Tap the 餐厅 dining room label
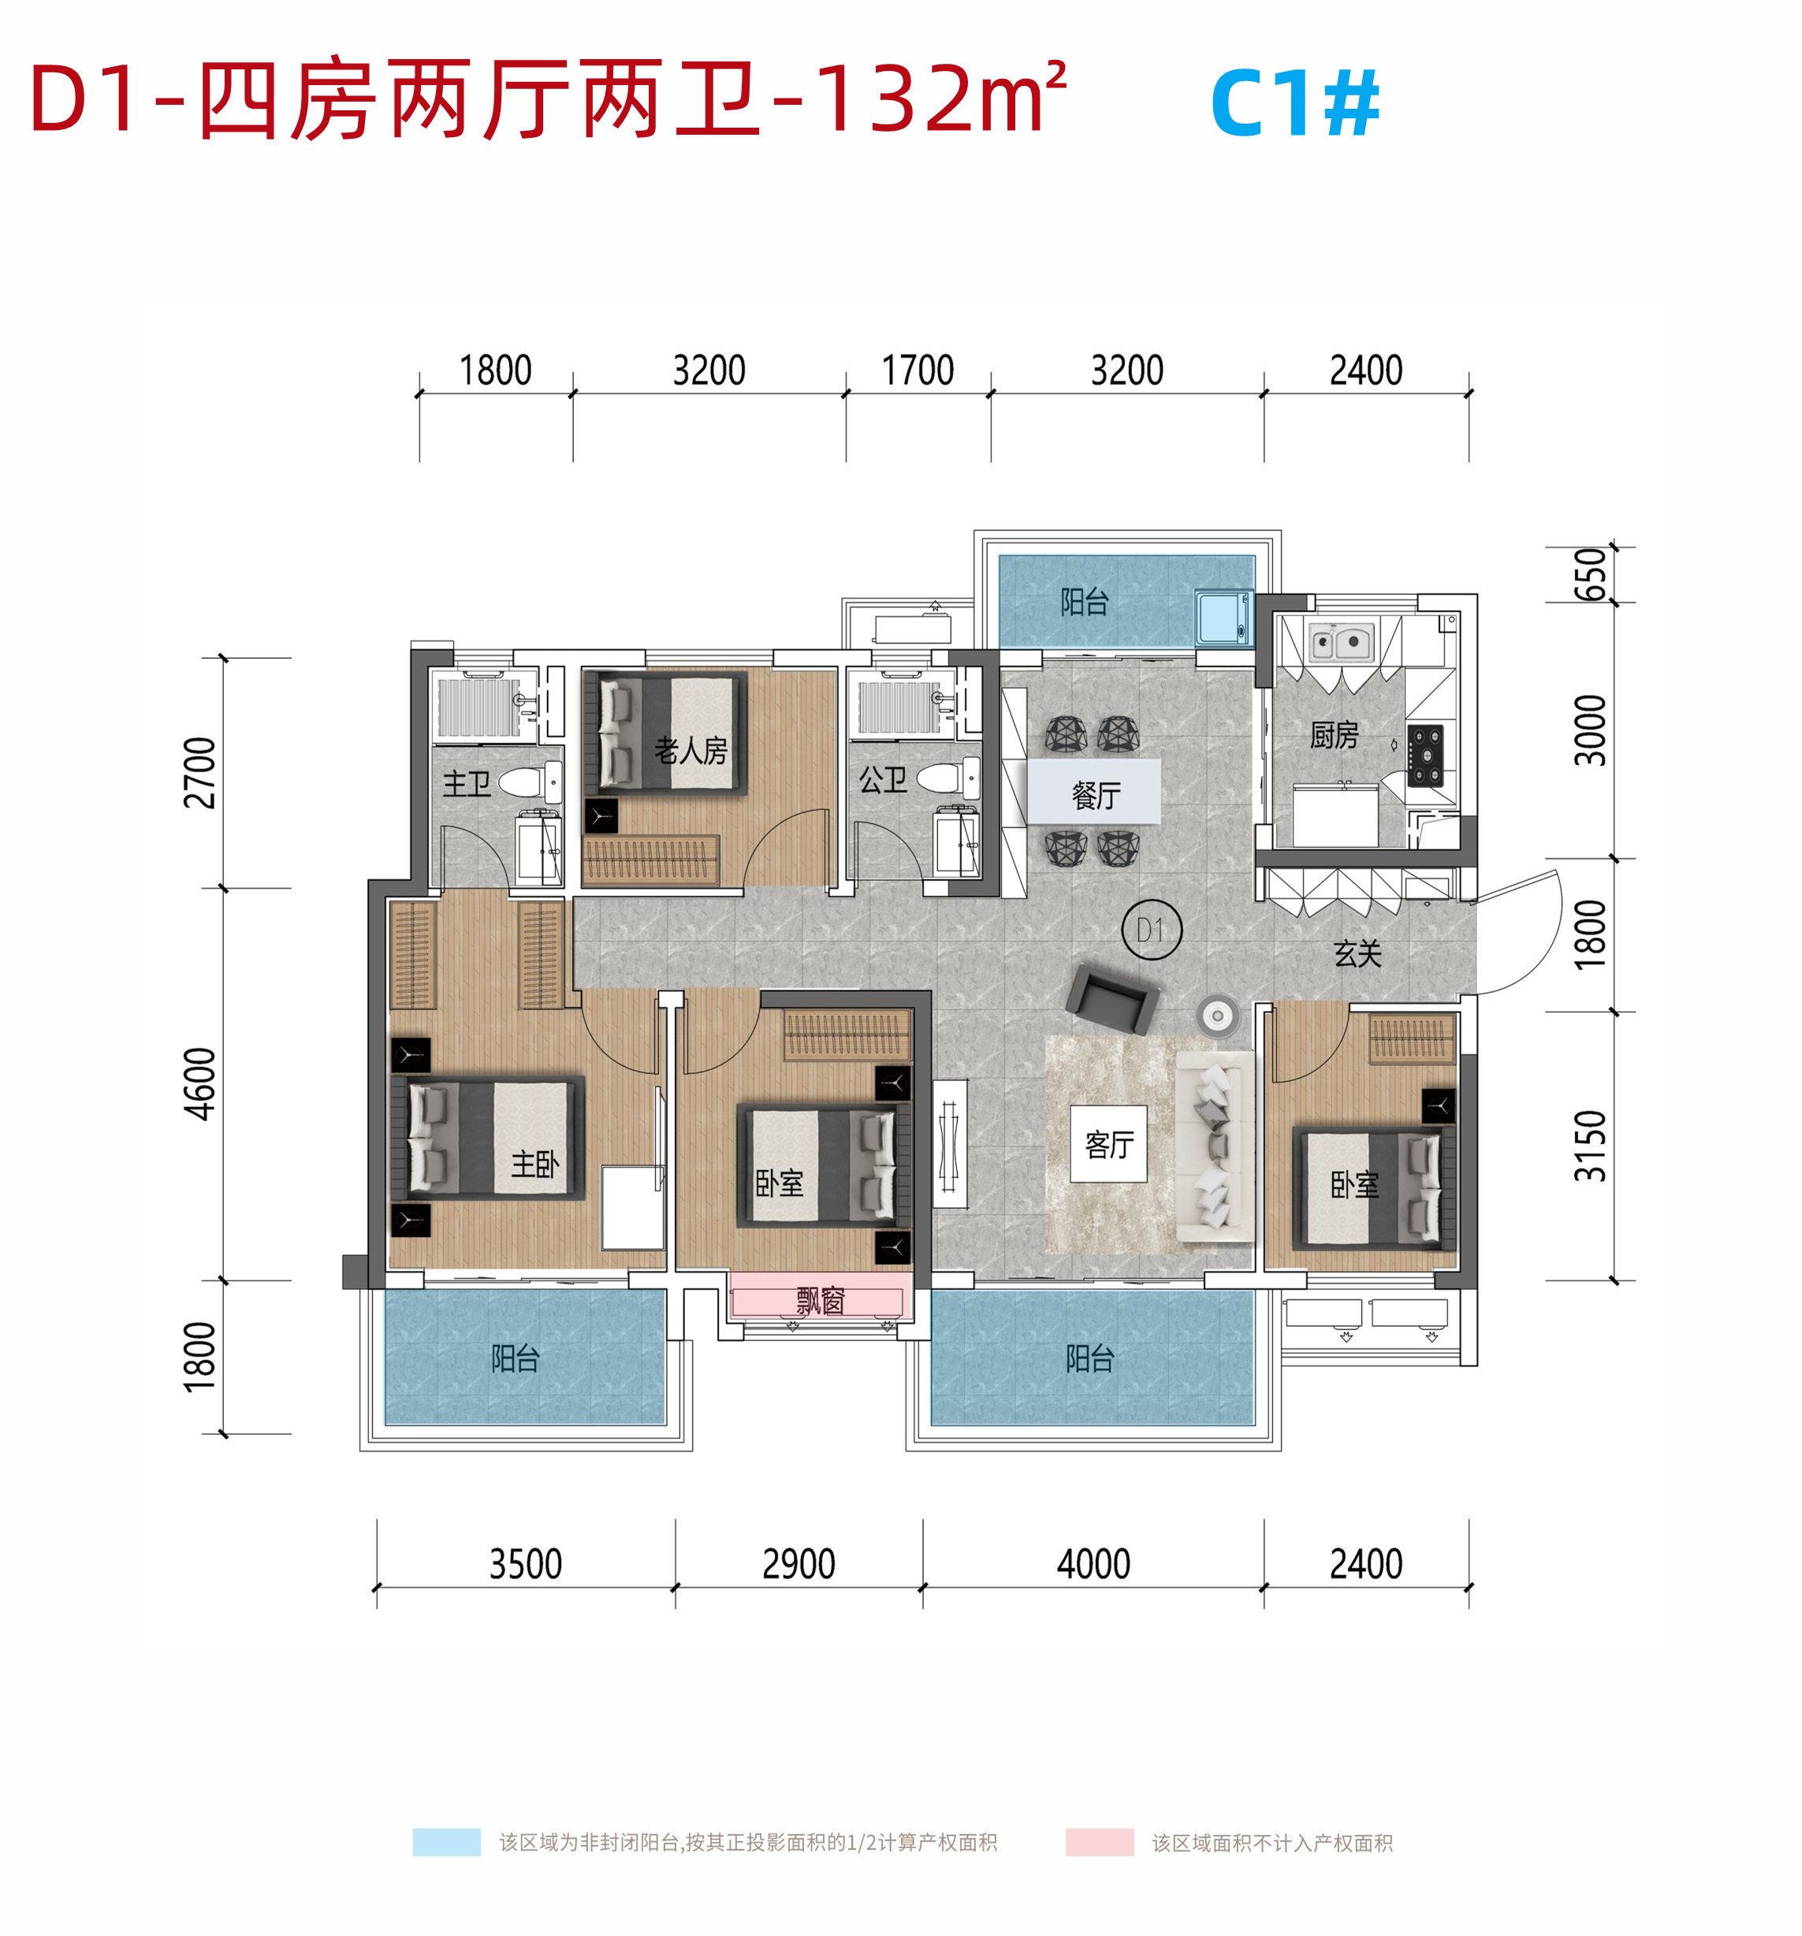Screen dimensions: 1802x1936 coord(1096,795)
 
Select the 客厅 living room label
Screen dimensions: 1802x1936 coord(1108,1144)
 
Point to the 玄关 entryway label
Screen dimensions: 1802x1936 coord(1357,953)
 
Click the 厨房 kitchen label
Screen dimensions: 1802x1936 coord(1334,734)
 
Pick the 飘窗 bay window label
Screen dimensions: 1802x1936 coord(819,1300)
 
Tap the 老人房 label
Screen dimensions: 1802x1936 coord(691,750)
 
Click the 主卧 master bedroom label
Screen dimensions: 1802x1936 coord(534,1163)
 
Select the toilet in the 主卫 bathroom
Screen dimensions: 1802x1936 coord(531,781)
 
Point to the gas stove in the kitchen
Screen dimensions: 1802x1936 coord(1424,756)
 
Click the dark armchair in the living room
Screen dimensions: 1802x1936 coord(1111,998)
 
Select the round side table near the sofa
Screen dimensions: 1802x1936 coord(1216,1016)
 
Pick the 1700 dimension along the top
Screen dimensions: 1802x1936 coord(918,370)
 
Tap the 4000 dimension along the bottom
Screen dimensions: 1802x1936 coord(1093,1564)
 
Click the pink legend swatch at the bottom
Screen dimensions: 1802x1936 coord(1099,1841)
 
